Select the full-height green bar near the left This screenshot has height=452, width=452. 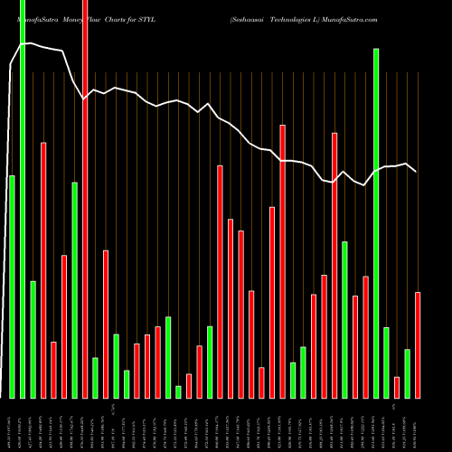click(23, 199)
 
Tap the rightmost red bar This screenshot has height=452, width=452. click(418, 344)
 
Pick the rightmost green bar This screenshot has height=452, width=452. click(408, 373)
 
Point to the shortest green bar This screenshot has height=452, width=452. click(178, 391)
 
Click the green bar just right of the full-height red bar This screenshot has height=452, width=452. click(95, 377)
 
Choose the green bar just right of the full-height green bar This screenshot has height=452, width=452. click(33, 339)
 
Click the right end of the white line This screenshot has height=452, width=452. click(416, 171)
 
